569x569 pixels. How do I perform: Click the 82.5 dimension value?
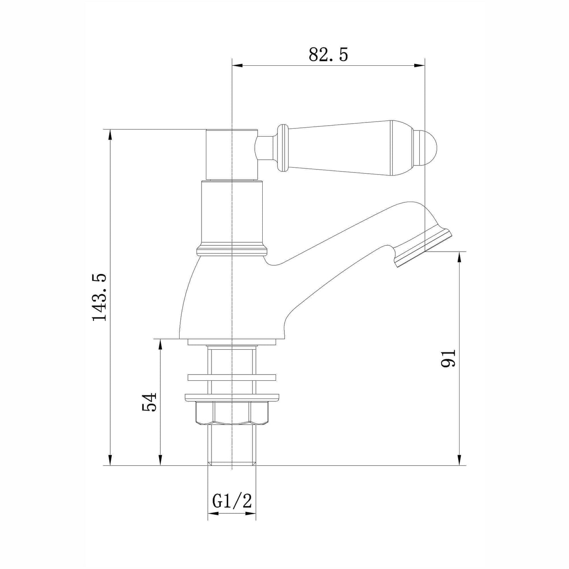(x=328, y=55)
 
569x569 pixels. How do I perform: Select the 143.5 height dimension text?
(x=99, y=297)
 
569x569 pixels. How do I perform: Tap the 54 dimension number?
(x=149, y=402)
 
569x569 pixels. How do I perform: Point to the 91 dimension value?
(x=448, y=359)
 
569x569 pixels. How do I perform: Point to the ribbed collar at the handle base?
(x=282, y=147)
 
